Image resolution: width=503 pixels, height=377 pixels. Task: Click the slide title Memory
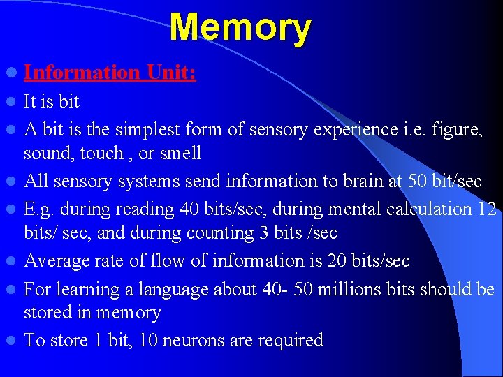pyautogui.click(x=240, y=29)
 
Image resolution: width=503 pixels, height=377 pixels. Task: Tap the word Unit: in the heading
pyautogui.click(x=171, y=72)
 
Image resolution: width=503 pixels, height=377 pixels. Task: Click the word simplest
pyautogui.click(x=152, y=129)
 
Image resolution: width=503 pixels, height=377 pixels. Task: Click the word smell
pyautogui.click(x=180, y=153)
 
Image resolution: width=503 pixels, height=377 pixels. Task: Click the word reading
pyautogui.click(x=148, y=209)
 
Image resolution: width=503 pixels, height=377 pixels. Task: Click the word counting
pyautogui.click(x=226, y=232)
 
